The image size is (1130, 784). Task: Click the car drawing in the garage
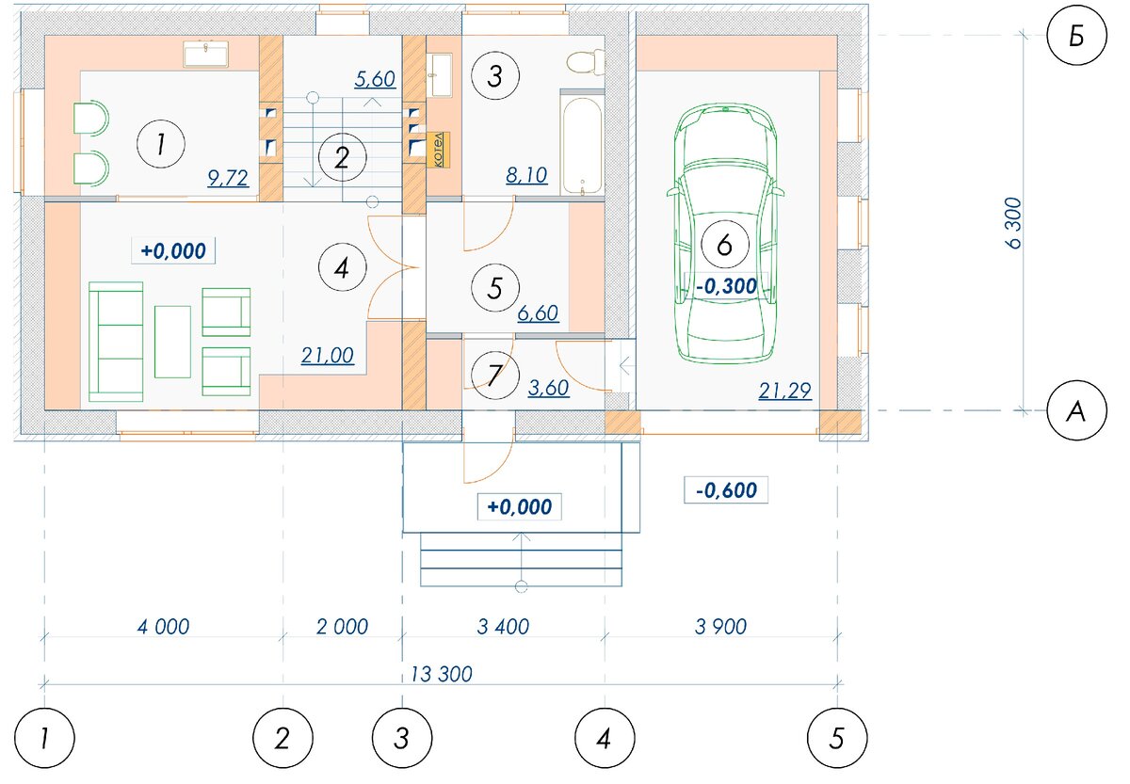click(725, 232)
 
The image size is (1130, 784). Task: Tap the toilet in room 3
click(586, 62)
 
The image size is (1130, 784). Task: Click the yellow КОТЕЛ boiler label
click(439, 150)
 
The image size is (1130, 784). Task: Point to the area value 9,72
click(228, 178)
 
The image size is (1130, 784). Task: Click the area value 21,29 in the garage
click(785, 391)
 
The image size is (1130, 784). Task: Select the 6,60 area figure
click(538, 313)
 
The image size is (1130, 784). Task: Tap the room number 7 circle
click(495, 376)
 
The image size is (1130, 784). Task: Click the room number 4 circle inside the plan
click(342, 267)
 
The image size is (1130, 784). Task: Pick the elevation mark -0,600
click(726, 490)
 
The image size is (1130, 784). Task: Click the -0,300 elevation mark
click(726, 286)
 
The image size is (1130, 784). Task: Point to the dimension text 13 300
click(442, 675)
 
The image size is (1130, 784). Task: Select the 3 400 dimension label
click(503, 627)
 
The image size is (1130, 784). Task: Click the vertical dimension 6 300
click(1013, 223)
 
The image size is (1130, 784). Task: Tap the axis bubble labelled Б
click(1076, 35)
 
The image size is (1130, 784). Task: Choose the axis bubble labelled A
click(1076, 411)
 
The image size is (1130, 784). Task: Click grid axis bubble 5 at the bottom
click(837, 738)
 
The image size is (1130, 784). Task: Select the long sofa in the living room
click(116, 342)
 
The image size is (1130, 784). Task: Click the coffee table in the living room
click(172, 342)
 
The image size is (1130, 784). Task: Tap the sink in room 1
click(206, 55)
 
